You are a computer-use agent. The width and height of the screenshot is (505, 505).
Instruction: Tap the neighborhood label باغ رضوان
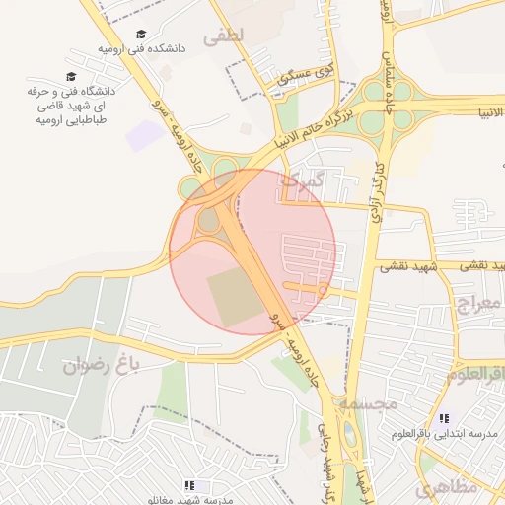[x=97, y=366]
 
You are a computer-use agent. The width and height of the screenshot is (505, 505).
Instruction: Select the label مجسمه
[x=368, y=403]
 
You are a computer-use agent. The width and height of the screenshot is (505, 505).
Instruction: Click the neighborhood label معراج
[x=478, y=301]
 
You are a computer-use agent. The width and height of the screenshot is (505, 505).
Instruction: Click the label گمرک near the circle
[x=302, y=180]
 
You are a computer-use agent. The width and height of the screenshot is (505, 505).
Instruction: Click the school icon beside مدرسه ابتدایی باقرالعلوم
[x=444, y=419]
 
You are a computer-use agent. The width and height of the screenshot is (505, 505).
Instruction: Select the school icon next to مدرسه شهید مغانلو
[x=189, y=485]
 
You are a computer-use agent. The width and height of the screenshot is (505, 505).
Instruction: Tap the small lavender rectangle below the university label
[x=145, y=136]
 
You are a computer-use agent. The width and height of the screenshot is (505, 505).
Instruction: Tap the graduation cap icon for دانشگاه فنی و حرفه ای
[x=71, y=76]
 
